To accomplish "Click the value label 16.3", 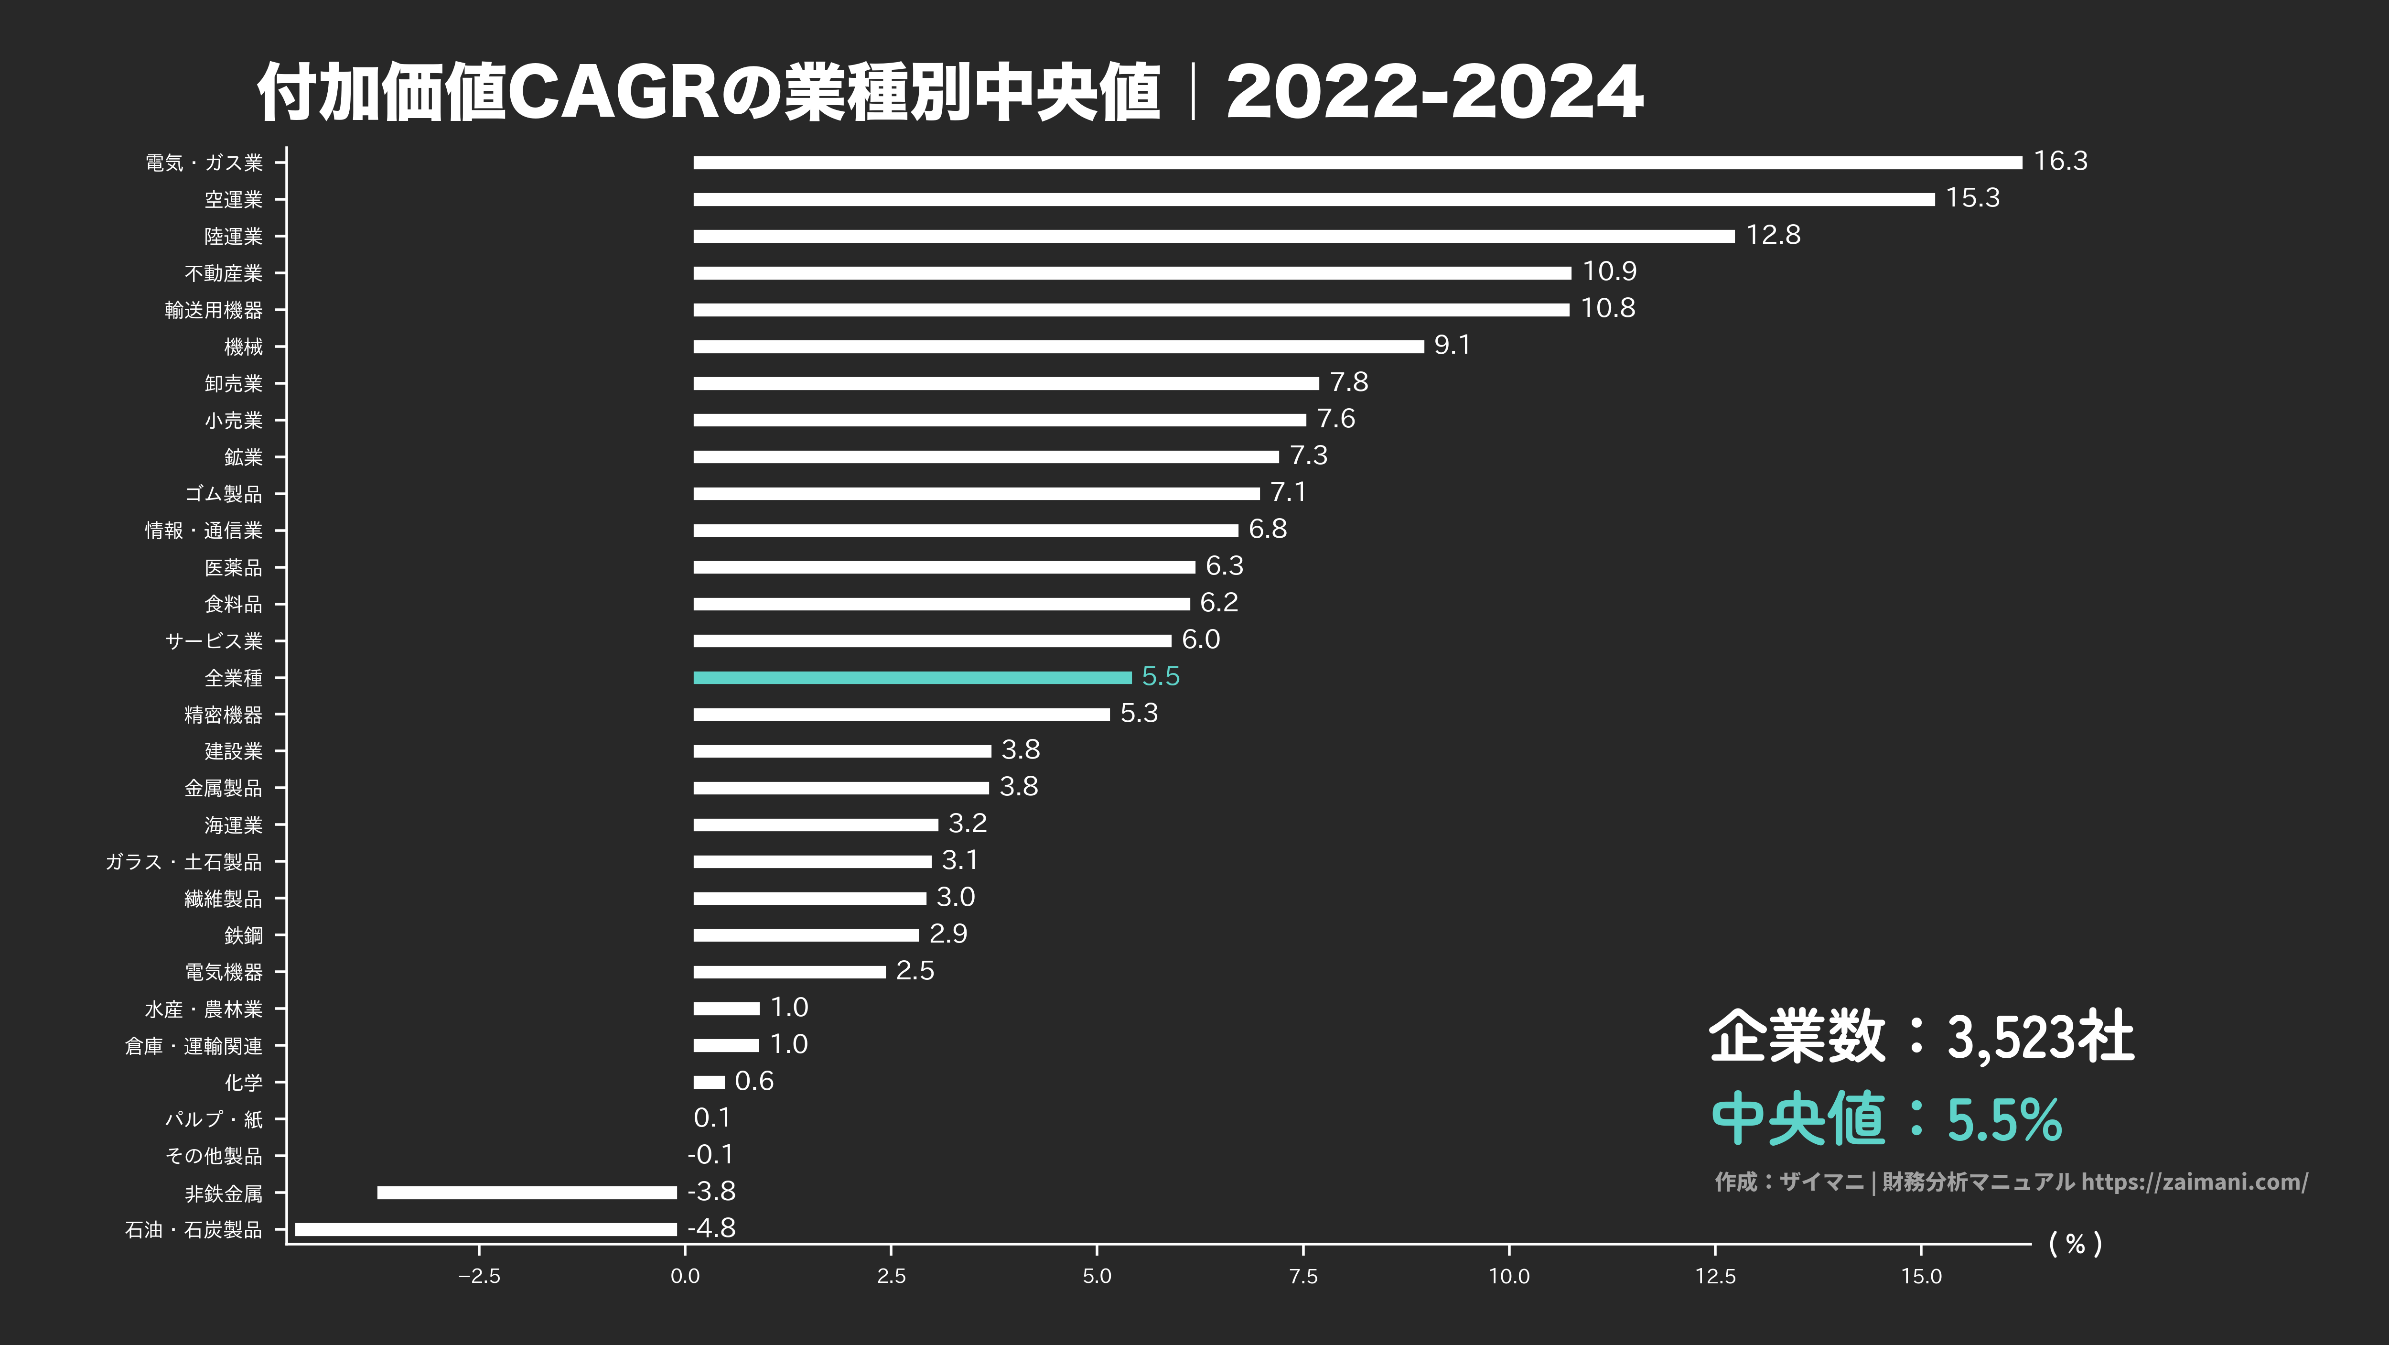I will point(2060,162).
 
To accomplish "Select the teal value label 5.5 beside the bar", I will point(1160,676).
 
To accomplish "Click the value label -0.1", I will point(710,1155).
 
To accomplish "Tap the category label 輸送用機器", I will point(213,310).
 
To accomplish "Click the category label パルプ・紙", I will point(213,1119).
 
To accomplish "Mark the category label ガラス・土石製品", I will point(183,862).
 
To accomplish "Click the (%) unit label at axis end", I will point(2075,1244).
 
